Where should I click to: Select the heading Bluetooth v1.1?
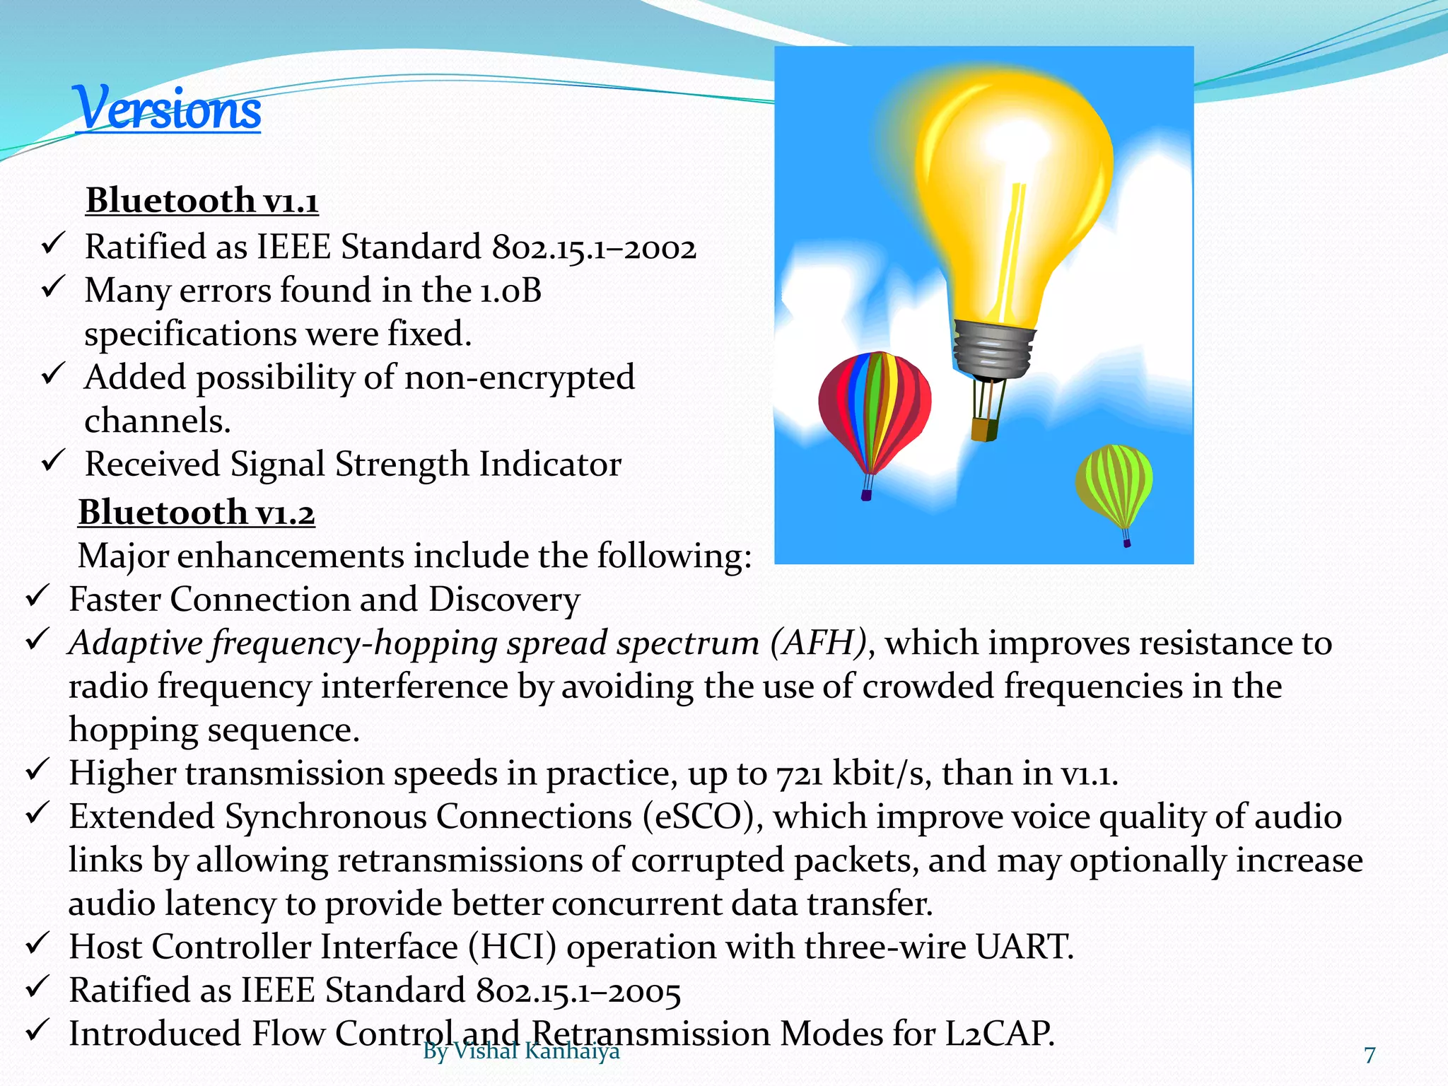tap(202, 201)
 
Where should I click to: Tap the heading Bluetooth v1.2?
tap(197, 513)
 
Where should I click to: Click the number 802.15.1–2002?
tap(594, 248)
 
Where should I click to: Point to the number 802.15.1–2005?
tap(578, 991)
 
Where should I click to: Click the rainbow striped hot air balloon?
tap(875, 410)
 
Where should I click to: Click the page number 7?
tap(1370, 1055)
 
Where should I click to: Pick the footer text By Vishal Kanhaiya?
tap(521, 1051)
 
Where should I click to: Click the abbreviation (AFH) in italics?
tap(818, 643)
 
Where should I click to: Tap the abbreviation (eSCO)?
tap(703, 817)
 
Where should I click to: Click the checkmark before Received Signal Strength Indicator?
tap(53, 462)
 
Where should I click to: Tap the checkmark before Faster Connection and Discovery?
tap(37, 597)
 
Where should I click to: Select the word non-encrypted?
tap(520, 378)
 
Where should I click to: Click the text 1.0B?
tap(510, 291)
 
